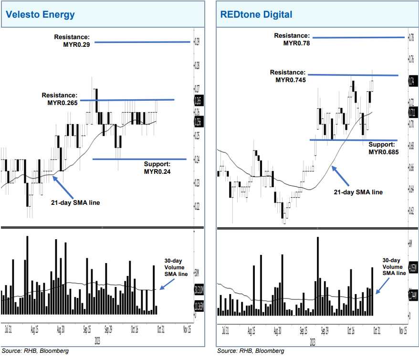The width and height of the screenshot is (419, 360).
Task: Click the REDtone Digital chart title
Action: tap(256, 14)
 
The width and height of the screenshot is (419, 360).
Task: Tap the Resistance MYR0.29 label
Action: tap(72, 40)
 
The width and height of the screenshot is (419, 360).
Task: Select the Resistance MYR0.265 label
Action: tap(59, 99)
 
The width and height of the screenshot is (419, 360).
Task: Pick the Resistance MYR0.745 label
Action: tap(287, 76)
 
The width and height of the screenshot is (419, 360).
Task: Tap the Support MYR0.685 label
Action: tap(383, 148)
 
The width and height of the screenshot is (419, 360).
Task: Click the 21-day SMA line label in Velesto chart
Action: tap(75, 202)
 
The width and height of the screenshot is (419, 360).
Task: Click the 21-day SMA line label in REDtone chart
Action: tap(358, 192)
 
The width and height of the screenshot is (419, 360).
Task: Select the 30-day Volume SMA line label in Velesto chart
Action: tap(176, 268)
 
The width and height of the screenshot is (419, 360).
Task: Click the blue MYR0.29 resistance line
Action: tap(143, 42)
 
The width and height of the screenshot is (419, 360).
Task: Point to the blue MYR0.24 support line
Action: tap(138, 159)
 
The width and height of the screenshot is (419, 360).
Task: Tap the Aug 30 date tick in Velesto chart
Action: tap(60, 329)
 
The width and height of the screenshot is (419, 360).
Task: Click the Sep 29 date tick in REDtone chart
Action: tap(325, 329)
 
